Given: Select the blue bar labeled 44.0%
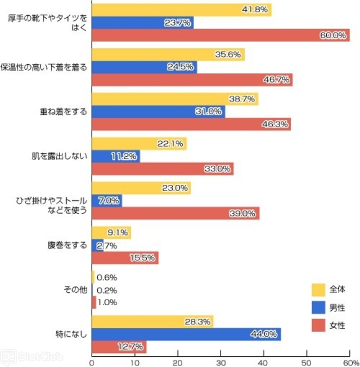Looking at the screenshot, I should click(186, 334).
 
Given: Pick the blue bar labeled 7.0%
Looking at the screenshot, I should click(106, 201).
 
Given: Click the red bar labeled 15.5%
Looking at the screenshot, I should click(124, 258).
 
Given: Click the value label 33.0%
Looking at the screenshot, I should click(218, 169).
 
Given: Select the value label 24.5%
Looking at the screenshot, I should click(182, 67).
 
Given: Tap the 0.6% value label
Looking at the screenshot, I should click(107, 277).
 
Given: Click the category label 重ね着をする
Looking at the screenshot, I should click(60, 111).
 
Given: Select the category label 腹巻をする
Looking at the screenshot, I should click(66, 245).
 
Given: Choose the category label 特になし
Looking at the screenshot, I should click(71, 334).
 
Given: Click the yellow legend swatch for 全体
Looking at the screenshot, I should click(319, 289).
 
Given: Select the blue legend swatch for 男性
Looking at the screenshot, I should click(319, 307).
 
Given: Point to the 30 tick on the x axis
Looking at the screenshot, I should click(221, 361).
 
